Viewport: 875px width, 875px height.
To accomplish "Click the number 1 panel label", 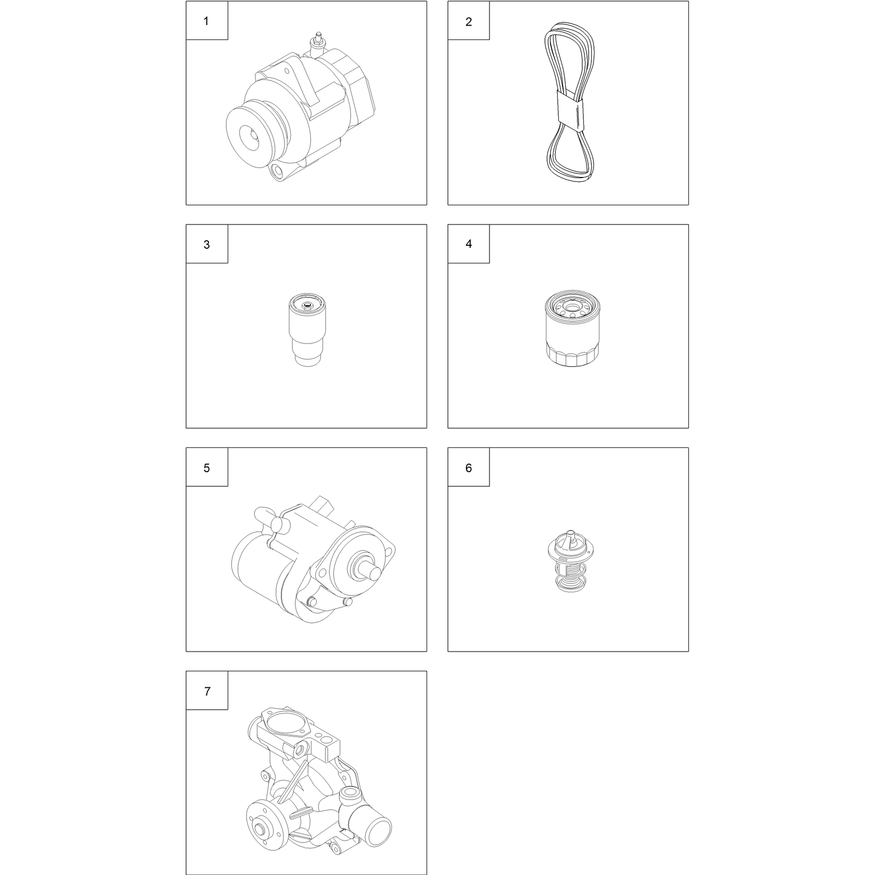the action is [x=206, y=21].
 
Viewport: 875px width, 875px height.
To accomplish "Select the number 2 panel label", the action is [x=469, y=22].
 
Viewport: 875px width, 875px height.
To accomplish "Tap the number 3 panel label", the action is [x=207, y=245].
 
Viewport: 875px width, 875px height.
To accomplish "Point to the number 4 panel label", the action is [x=469, y=244].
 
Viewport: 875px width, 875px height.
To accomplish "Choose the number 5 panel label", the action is [x=207, y=468].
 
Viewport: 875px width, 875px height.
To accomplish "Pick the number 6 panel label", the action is [x=469, y=468].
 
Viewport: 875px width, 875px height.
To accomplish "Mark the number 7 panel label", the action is [x=207, y=692].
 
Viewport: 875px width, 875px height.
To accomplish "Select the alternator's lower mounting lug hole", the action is [x=277, y=172].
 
